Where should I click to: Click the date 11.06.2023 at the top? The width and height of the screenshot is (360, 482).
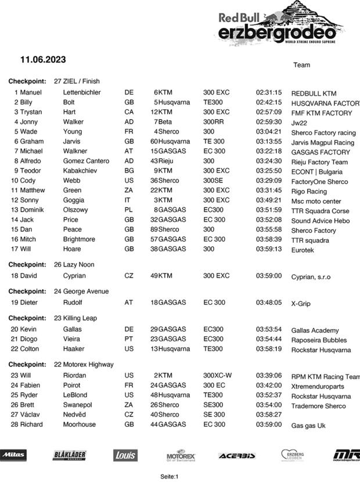(43, 60)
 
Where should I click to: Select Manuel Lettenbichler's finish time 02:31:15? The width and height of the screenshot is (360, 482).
(269, 92)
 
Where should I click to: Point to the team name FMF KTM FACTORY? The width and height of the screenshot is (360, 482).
(321, 113)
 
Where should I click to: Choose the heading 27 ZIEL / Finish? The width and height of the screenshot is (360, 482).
(77, 81)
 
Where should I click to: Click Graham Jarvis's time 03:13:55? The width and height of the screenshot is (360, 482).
(269, 142)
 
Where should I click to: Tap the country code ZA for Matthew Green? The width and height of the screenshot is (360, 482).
(129, 190)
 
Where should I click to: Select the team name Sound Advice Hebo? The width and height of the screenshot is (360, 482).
(320, 221)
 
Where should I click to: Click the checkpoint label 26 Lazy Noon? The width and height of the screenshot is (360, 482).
(74, 265)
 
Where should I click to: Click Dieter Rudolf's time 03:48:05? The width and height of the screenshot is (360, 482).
(269, 303)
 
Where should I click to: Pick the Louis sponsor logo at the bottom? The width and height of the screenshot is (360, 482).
(125, 455)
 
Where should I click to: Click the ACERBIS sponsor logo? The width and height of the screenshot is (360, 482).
(237, 456)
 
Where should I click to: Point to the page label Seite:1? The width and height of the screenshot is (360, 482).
(169, 477)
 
